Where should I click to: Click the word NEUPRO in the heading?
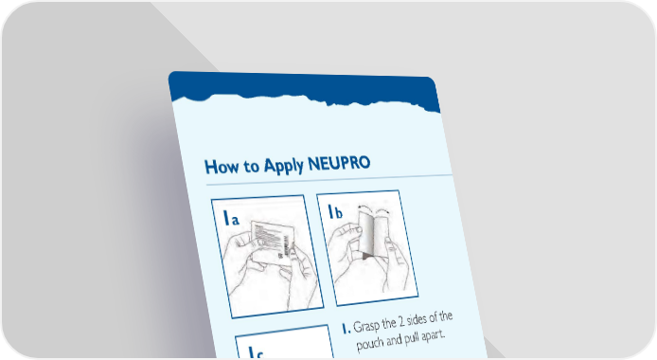pyautogui.click(x=339, y=164)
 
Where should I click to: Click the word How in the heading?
pyautogui.click(x=222, y=167)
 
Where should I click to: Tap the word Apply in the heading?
pyautogui.click(x=283, y=166)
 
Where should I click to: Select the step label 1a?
pyautogui.click(x=231, y=218)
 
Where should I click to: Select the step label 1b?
pyautogui.click(x=335, y=211)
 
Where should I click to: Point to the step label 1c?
pyautogui.click(x=256, y=352)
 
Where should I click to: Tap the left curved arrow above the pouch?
pyautogui.click(x=365, y=207)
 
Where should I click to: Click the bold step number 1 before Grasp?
pyautogui.click(x=346, y=329)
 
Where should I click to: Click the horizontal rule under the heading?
pyautogui.click(x=328, y=179)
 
